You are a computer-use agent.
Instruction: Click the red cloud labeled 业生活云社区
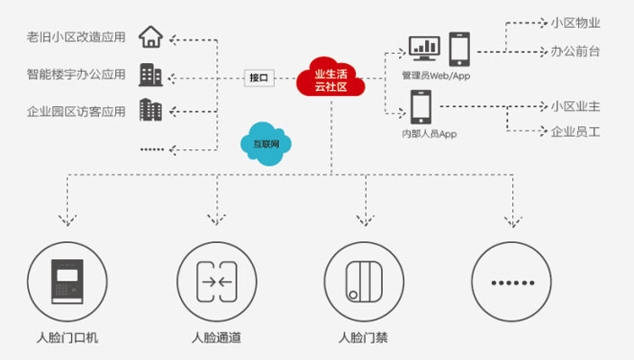(331, 78)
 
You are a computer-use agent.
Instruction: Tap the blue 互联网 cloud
(268, 142)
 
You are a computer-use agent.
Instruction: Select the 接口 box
(258, 77)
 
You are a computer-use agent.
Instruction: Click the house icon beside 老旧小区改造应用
(151, 38)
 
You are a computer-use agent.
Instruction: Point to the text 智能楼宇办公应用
(77, 75)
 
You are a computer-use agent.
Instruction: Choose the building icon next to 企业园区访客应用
(150, 110)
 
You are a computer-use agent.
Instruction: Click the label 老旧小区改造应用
(77, 39)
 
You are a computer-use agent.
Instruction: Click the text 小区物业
(575, 23)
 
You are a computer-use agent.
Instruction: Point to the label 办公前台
(575, 51)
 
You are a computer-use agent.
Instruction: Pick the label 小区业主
(575, 106)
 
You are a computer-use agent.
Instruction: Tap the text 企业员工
(575, 131)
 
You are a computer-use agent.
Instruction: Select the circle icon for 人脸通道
(215, 282)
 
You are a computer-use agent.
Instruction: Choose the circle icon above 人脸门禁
(363, 282)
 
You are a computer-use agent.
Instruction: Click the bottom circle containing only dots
(512, 282)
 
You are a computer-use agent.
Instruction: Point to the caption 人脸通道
(216, 339)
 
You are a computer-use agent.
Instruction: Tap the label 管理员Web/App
(436, 76)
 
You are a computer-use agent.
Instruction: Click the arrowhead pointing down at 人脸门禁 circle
(364, 220)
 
